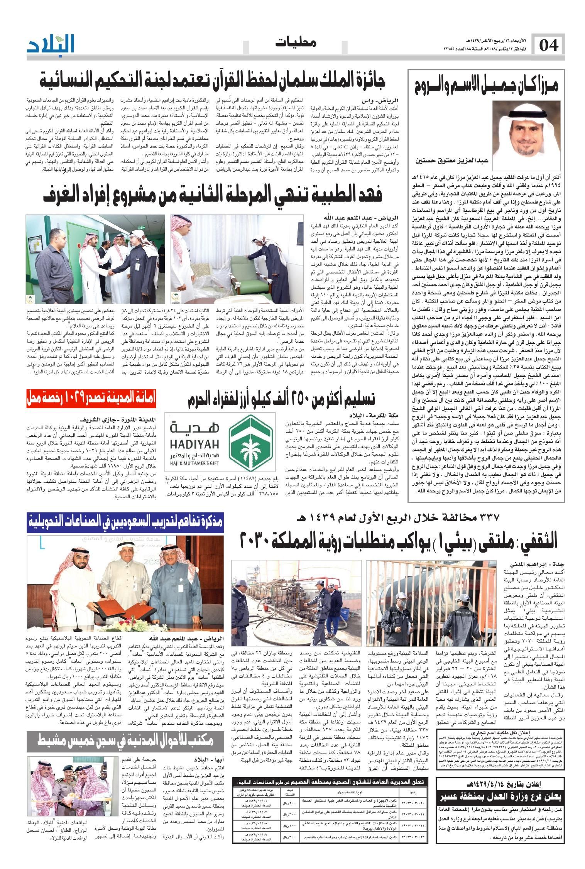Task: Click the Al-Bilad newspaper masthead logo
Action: pyautogui.click(x=51, y=43)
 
